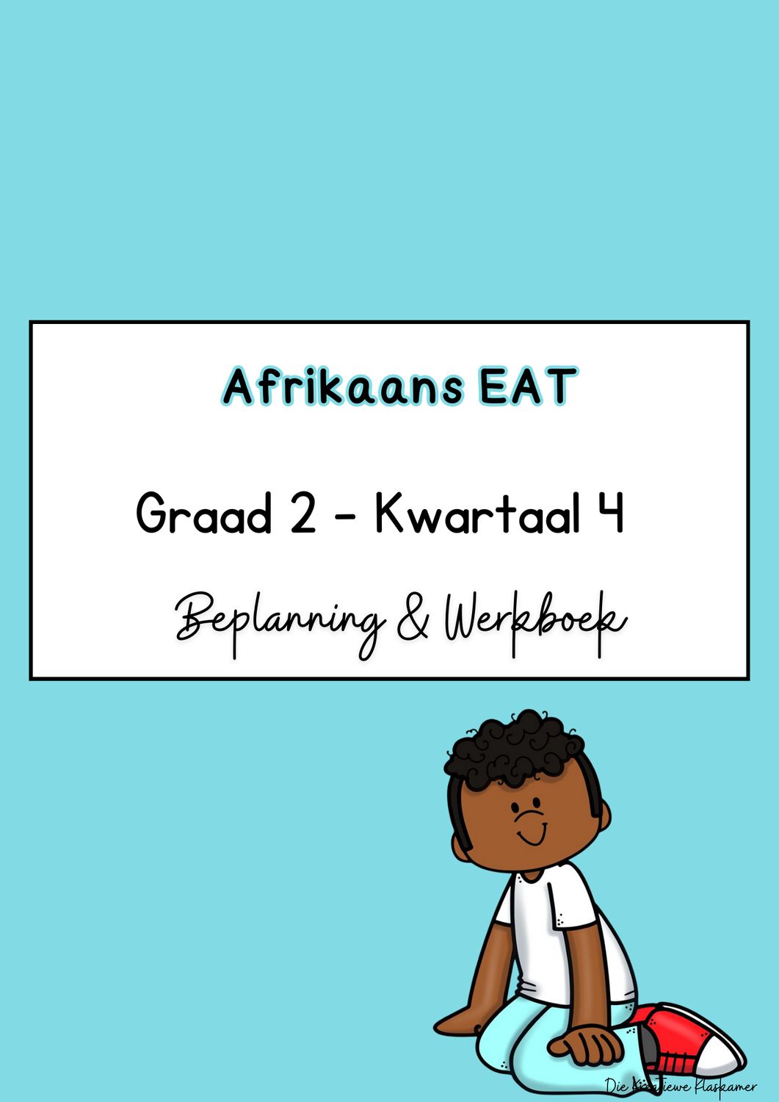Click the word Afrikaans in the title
click(x=343, y=387)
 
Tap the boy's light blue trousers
click(x=521, y=1043)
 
